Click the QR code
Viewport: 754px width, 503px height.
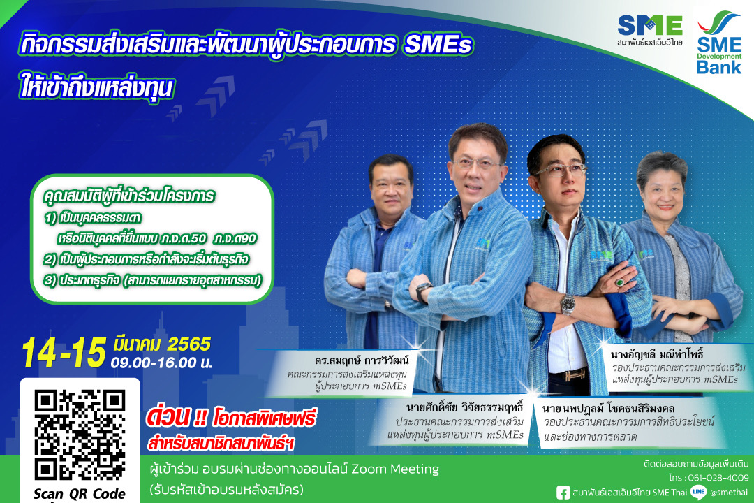tap(80, 435)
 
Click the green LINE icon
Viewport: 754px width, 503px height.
tap(698, 492)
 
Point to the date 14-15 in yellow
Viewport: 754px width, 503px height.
tap(64, 352)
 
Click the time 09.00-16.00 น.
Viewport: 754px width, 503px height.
tap(161, 363)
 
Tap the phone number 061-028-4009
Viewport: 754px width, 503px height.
tap(718, 477)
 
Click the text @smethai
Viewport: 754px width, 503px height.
tap(728, 493)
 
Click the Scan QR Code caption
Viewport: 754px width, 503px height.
tap(80, 494)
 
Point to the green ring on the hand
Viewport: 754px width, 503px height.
tap(620, 282)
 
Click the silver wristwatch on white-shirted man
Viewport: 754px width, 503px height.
tap(568, 304)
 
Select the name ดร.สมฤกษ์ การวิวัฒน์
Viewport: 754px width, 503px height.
tap(362, 360)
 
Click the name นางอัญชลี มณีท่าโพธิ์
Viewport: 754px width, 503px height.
tap(658, 355)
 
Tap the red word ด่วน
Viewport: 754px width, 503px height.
tap(168, 417)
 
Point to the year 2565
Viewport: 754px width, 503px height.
tap(188, 344)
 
